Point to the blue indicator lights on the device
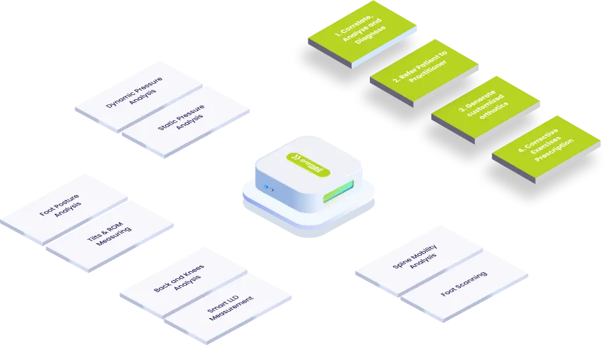click(268, 187)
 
